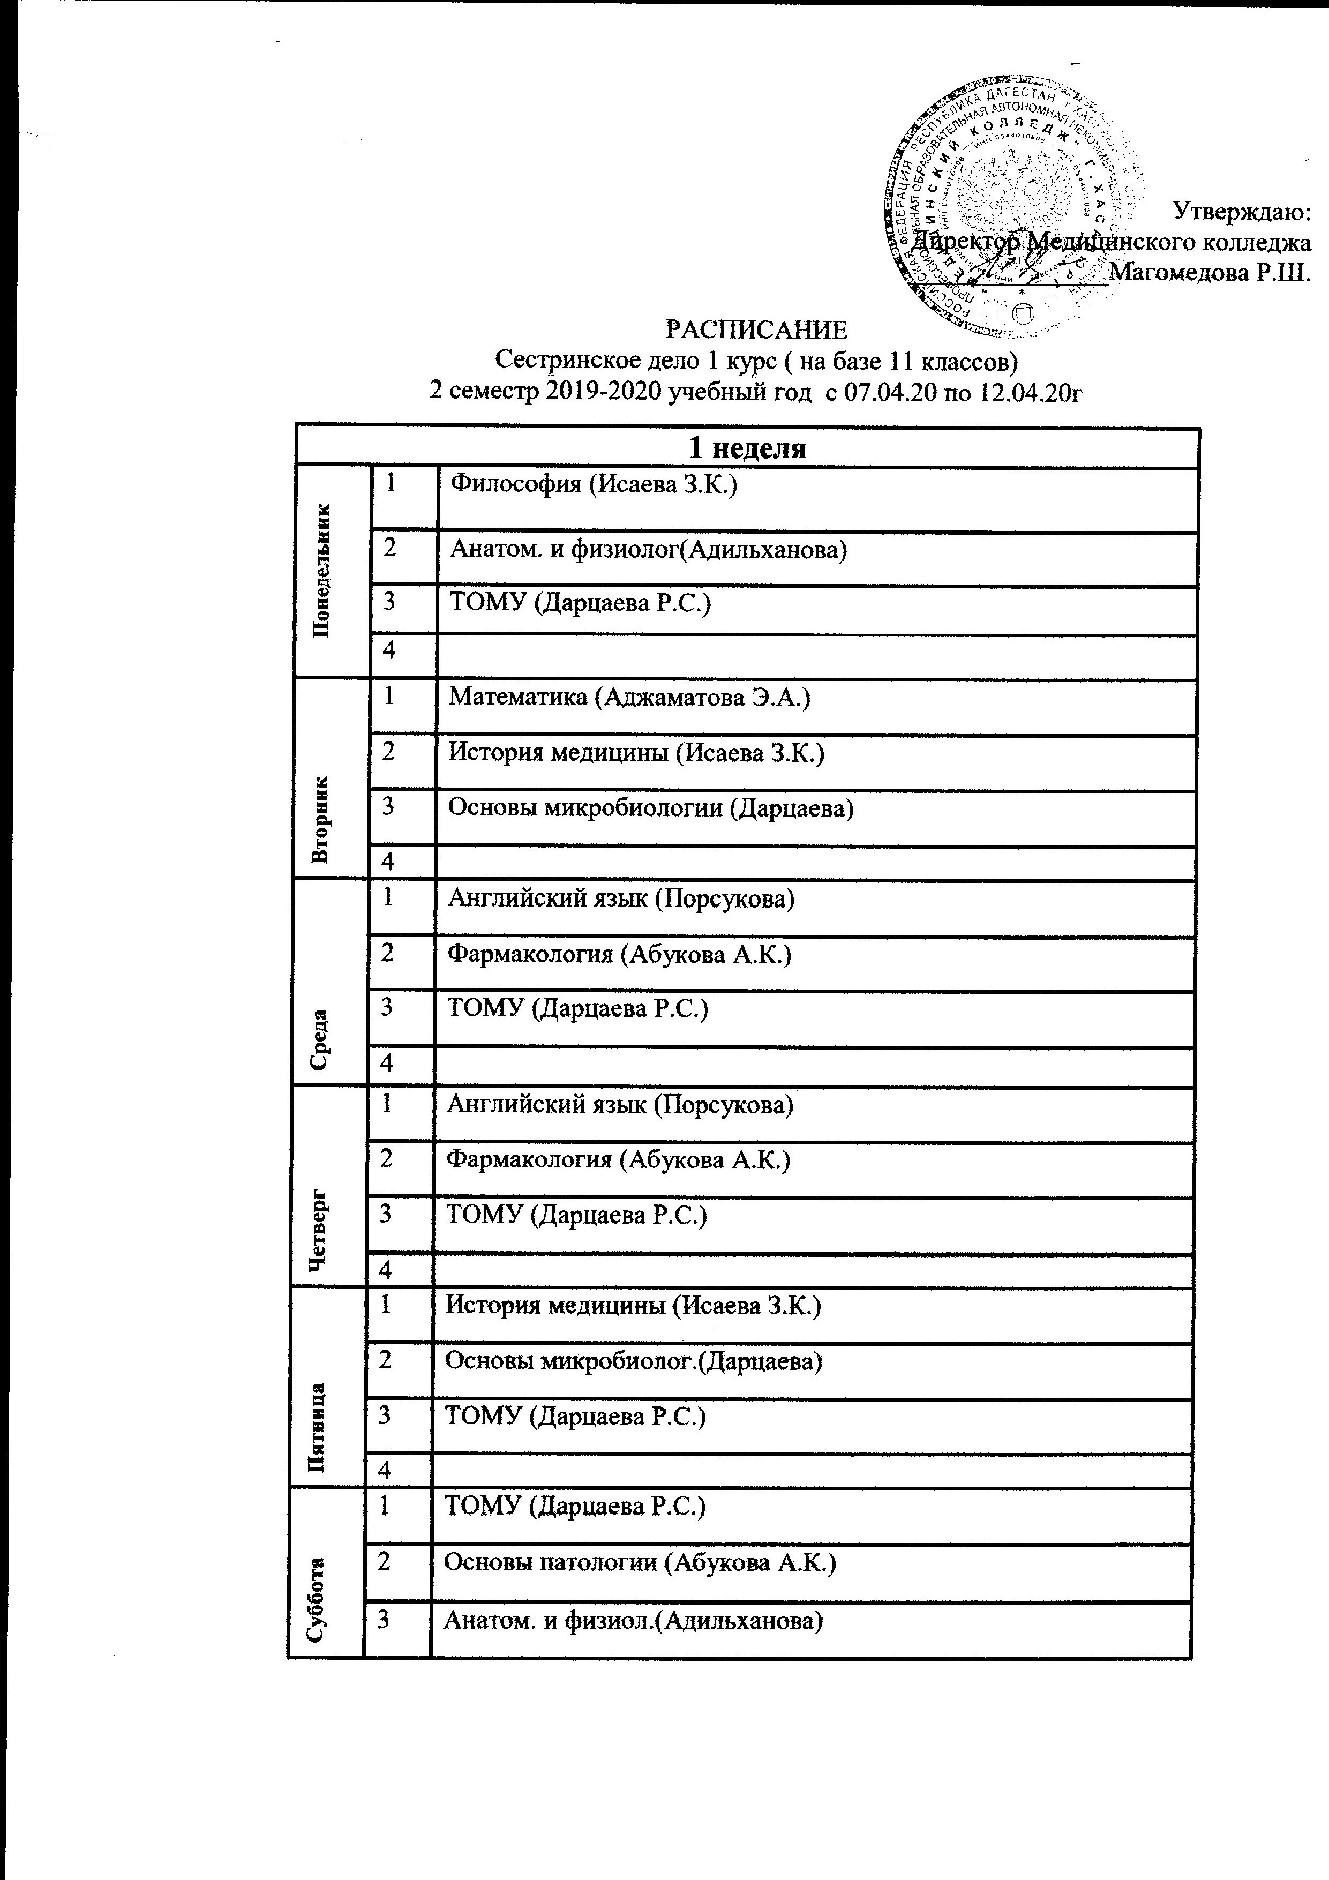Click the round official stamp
point(1013,205)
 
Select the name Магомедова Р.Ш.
point(1210,272)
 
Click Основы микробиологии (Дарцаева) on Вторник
point(651,807)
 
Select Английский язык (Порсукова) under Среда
point(621,898)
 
